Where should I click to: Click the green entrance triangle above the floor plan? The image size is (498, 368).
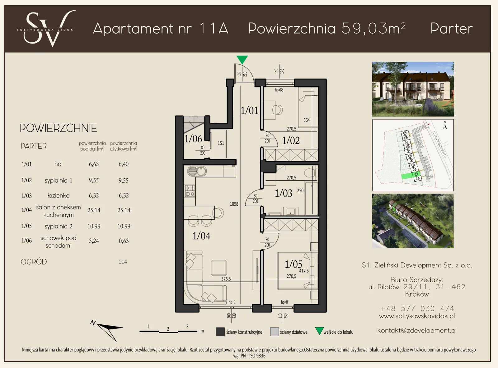pyautogui.click(x=242, y=59)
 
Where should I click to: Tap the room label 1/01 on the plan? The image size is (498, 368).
pyautogui.click(x=249, y=110)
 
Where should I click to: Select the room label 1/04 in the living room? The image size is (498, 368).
pyautogui.click(x=201, y=236)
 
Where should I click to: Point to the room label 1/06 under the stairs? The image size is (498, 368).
pyautogui.click(x=193, y=139)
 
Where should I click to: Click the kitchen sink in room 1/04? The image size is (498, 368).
pyautogui.click(x=196, y=171)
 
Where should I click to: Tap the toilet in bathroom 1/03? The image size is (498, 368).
pyautogui.click(x=309, y=172)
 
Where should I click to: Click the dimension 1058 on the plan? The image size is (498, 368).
pyautogui.click(x=234, y=204)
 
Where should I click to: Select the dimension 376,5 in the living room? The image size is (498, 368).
pyautogui.click(x=226, y=279)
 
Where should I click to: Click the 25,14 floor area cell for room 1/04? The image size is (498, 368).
pyautogui.click(x=94, y=210)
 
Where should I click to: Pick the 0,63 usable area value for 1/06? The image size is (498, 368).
pyautogui.click(x=124, y=241)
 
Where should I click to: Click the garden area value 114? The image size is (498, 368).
pyautogui.click(x=123, y=262)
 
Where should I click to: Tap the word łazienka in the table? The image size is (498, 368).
pyautogui.click(x=59, y=195)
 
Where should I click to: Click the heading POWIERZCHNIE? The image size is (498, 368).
pyautogui.click(x=58, y=128)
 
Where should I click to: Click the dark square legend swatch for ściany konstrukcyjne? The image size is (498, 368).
pyautogui.click(x=220, y=332)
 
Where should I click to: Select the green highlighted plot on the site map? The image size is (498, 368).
pyautogui.click(x=408, y=176)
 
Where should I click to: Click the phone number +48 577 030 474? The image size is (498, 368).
pyautogui.click(x=417, y=308)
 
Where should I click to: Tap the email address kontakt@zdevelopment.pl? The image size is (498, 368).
pyautogui.click(x=417, y=330)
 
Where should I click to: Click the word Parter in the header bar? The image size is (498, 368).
pyautogui.click(x=451, y=29)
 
